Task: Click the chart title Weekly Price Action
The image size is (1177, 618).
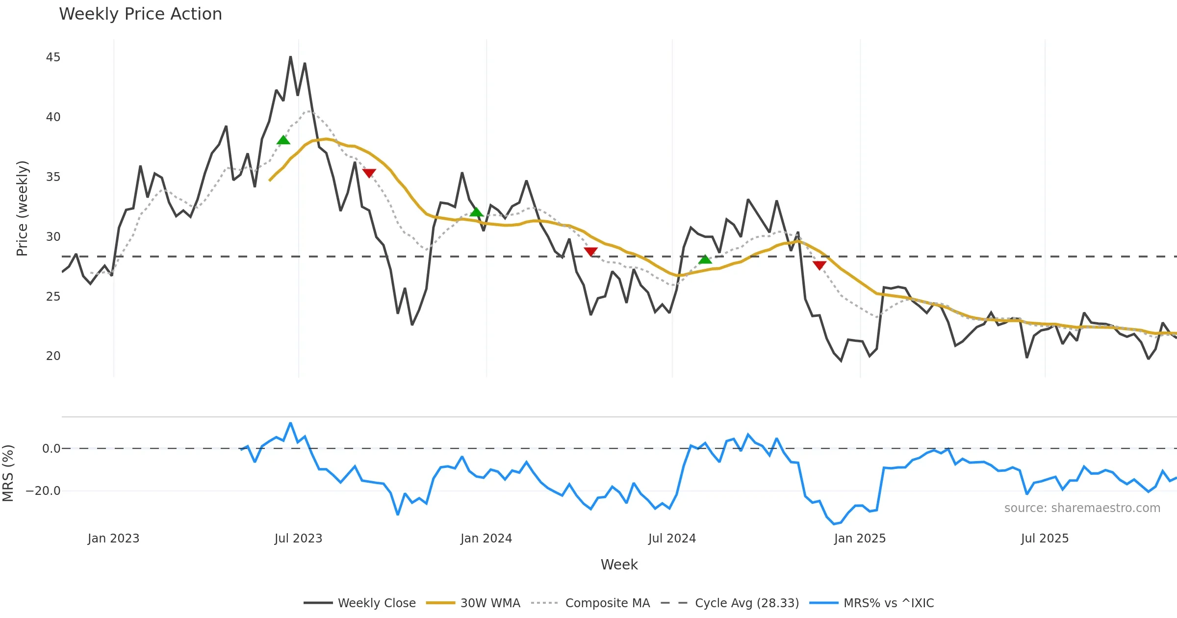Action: (x=140, y=14)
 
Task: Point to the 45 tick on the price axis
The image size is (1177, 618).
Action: (x=53, y=57)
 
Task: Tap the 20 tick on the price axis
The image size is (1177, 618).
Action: (x=53, y=356)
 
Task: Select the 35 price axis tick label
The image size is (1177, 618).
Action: (x=53, y=177)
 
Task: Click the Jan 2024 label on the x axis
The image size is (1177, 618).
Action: (x=486, y=539)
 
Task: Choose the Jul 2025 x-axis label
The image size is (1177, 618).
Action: (x=1045, y=539)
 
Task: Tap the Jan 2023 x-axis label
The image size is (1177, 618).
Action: (x=113, y=539)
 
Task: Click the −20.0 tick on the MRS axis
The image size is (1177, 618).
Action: (x=43, y=491)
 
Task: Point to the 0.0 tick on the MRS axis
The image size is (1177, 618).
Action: (x=51, y=449)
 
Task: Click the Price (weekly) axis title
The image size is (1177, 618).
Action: (x=22, y=208)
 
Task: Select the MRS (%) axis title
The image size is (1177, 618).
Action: (x=8, y=473)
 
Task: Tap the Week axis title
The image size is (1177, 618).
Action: (x=619, y=565)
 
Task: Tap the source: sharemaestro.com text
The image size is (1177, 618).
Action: (x=1082, y=508)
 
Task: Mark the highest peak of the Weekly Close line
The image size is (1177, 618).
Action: (x=290, y=57)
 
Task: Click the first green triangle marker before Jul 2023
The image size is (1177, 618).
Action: (x=283, y=140)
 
